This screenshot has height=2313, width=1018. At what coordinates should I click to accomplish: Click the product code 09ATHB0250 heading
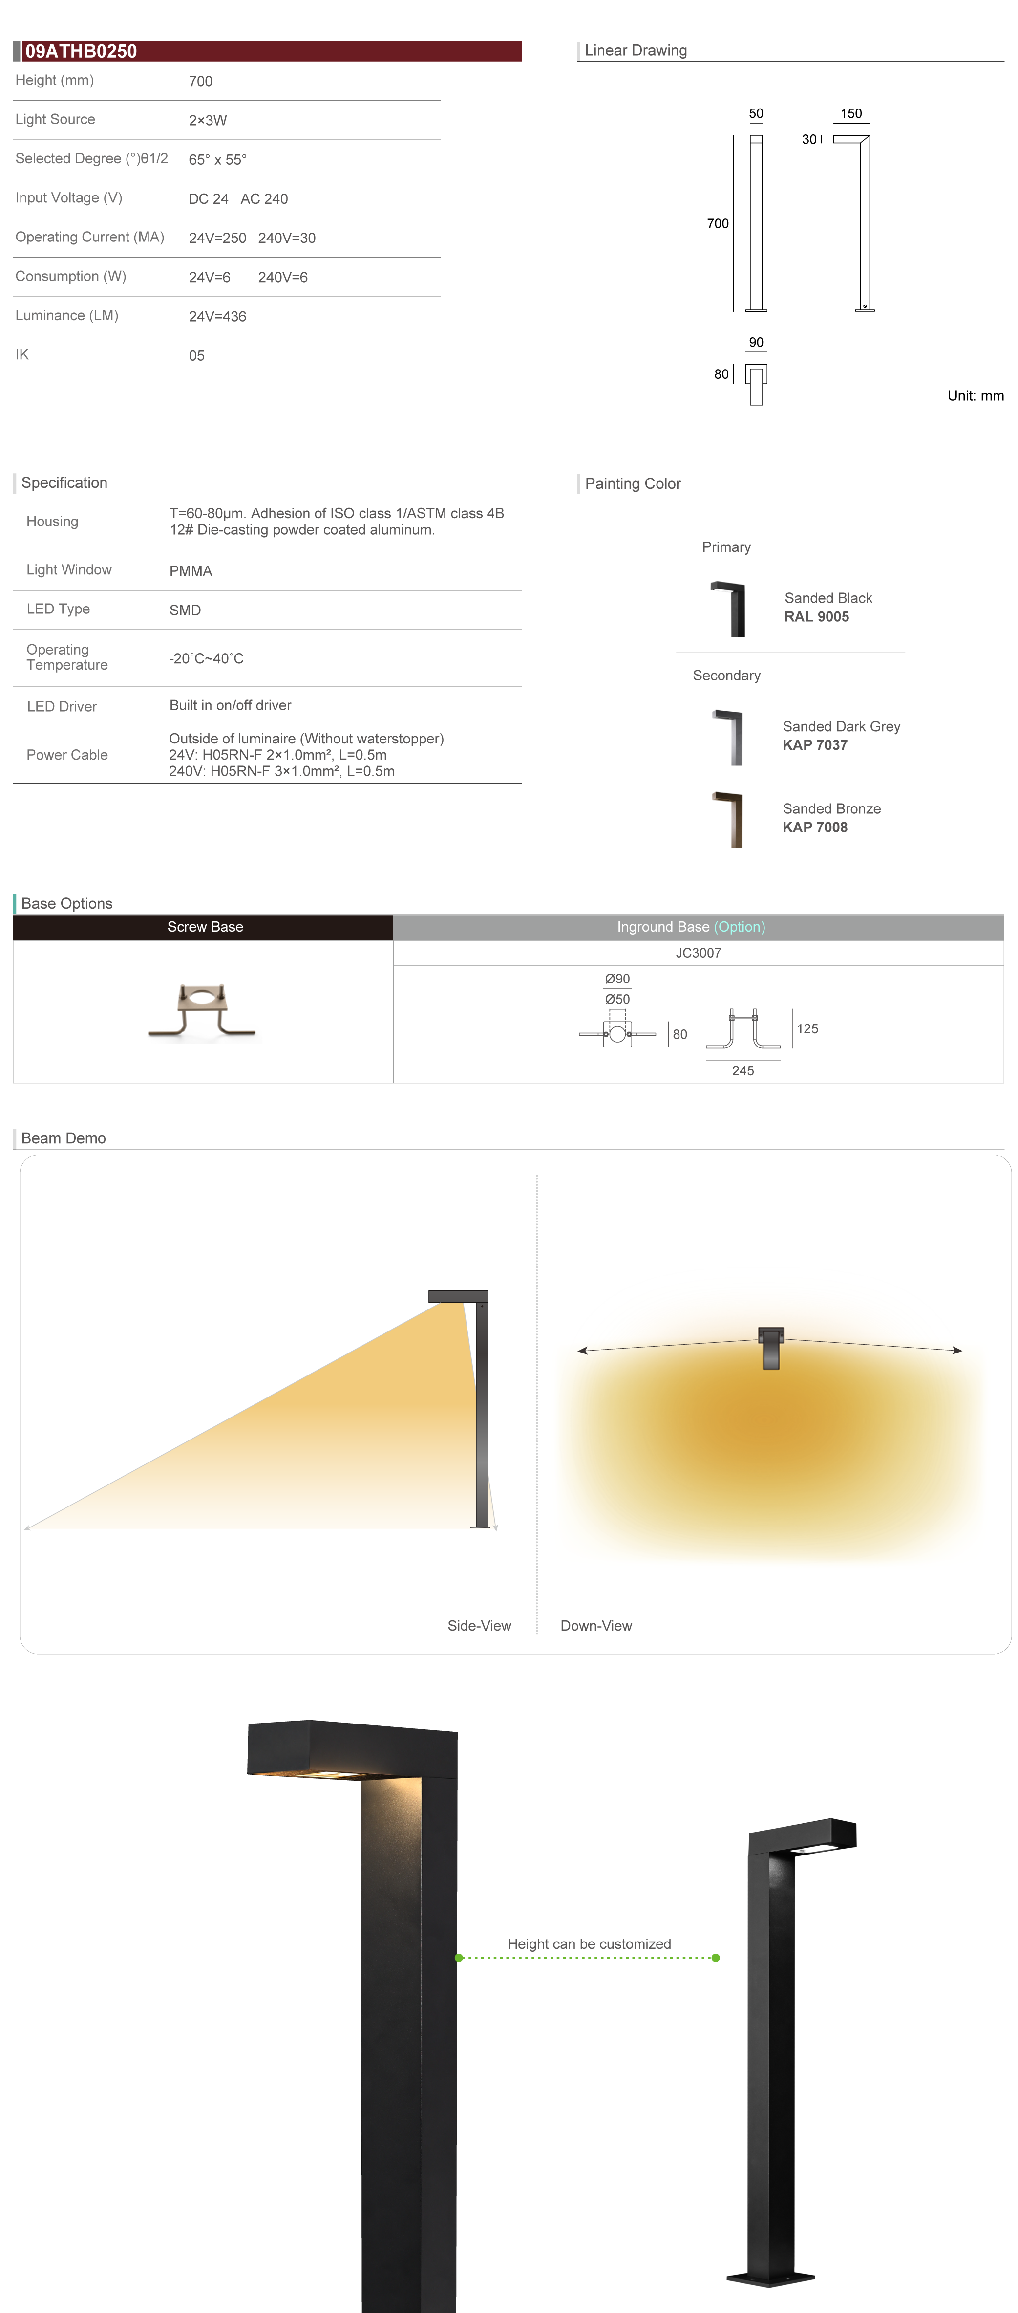[x=81, y=51]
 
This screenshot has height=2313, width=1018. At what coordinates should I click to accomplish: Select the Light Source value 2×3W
[x=208, y=120]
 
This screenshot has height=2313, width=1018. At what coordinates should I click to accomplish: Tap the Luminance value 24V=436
[x=217, y=316]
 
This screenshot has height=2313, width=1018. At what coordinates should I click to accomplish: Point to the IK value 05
[x=196, y=355]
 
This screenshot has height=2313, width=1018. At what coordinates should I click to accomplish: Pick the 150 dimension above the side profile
[x=851, y=114]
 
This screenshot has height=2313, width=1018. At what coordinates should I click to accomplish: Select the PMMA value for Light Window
[x=191, y=571]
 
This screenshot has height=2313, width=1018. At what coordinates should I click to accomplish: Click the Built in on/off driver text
[x=230, y=706]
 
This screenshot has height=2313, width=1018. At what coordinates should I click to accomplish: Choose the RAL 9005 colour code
[x=816, y=617]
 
